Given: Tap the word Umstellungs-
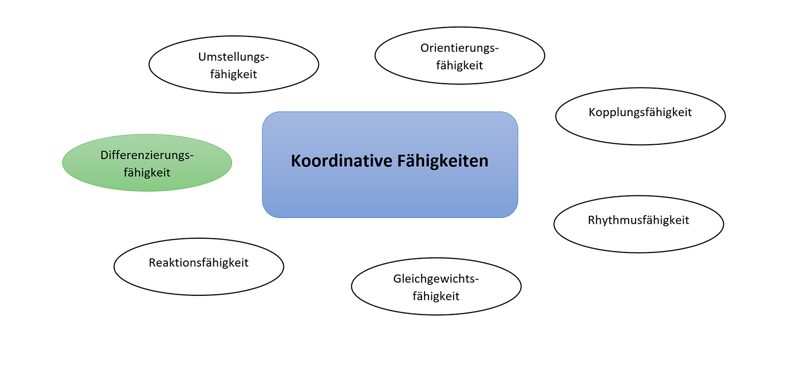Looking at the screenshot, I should (x=233, y=57).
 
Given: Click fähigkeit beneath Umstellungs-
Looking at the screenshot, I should (x=233, y=74).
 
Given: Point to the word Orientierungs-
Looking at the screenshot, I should (x=459, y=48).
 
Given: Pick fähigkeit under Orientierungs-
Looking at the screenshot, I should (x=459, y=65).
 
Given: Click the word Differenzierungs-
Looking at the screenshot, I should (x=147, y=155).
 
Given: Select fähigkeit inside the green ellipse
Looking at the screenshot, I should (x=147, y=173).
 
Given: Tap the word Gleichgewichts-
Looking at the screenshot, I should (x=436, y=279).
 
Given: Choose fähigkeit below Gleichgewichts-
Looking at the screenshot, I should (x=436, y=296).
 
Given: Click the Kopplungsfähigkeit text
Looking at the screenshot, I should (x=640, y=112).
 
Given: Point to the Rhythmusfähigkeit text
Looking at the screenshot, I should (x=638, y=220).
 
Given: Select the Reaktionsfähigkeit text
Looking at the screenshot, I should (x=198, y=263).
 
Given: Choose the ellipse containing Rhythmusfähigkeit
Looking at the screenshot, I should (x=638, y=239).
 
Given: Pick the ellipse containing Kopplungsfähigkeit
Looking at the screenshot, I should (x=640, y=131).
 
